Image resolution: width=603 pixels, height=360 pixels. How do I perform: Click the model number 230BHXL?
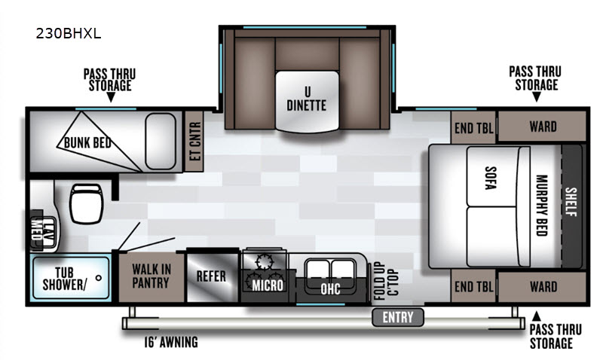click(69, 34)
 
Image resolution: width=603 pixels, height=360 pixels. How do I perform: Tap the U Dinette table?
click(307, 101)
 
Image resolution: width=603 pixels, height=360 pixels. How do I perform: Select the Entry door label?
click(398, 317)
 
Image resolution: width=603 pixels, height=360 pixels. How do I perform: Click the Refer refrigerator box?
click(212, 276)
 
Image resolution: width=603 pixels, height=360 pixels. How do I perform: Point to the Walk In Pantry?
click(152, 276)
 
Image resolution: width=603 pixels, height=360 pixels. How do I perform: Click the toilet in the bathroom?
click(86, 203)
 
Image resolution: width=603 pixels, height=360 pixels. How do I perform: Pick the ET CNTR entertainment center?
click(194, 142)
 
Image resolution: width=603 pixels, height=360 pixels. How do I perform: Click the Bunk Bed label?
click(87, 142)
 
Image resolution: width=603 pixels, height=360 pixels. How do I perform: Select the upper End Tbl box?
click(473, 127)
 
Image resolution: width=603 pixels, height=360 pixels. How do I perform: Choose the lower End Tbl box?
click(473, 286)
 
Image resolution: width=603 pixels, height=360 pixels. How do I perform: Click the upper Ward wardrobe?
click(542, 127)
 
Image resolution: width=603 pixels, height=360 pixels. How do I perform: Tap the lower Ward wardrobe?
click(542, 287)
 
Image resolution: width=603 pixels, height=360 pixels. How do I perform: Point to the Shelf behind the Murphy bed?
click(571, 206)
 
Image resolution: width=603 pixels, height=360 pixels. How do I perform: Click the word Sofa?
click(491, 178)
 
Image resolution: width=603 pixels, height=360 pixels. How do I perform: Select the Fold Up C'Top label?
click(386, 280)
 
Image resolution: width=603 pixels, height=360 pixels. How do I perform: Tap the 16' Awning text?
click(171, 342)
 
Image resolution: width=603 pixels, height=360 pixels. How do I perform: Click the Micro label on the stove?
click(268, 285)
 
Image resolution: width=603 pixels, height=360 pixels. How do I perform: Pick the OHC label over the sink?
click(330, 288)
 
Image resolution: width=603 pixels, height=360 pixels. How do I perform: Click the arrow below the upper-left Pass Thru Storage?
click(111, 97)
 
